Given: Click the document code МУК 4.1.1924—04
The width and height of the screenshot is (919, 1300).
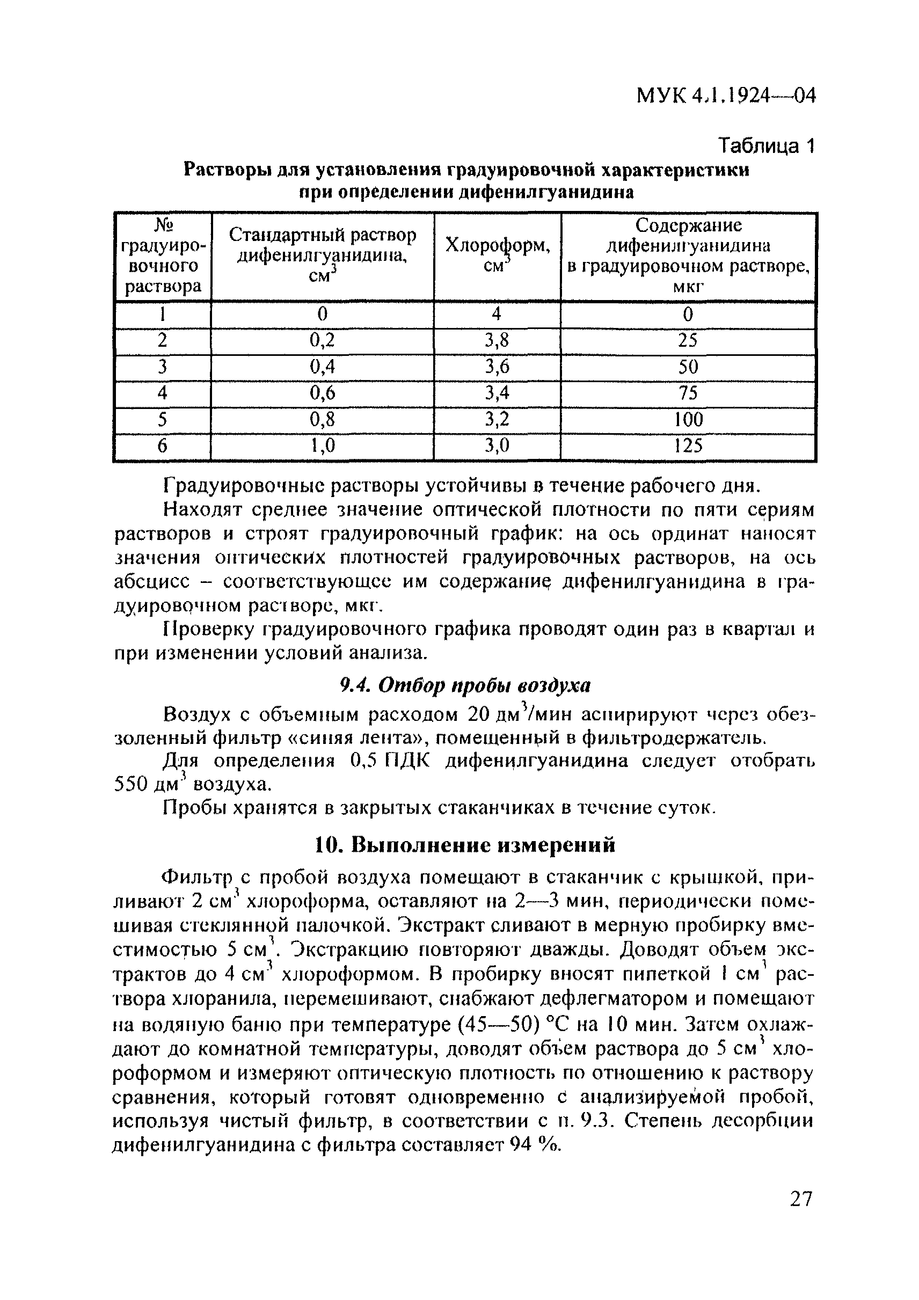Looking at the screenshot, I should pyautogui.click(x=725, y=96).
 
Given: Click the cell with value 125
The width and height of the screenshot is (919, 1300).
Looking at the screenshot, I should pyautogui.click(x=688, y=446).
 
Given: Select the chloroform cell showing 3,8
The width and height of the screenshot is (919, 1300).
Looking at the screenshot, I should pyautogui.click(x=497, y=340).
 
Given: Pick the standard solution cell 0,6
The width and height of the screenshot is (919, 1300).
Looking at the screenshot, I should pyautogui.click(x=322, y=393).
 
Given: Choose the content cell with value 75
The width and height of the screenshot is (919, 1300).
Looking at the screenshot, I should pyautogui.click(x=688, y=393).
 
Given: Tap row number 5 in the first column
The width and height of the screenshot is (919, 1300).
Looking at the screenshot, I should pyautogui.click(x=162, y=420).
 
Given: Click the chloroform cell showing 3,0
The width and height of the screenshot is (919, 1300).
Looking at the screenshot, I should pyautogui.click(x=497, y=446).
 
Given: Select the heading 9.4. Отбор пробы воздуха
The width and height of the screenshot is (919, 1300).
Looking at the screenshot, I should pyautogui.click(x=464, y=685).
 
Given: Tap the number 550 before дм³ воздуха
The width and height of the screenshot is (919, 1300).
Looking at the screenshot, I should pyautogui.click(x=132, y=785).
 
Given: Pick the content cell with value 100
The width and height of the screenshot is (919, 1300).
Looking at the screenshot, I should pyautogui.click(x=688, y=420).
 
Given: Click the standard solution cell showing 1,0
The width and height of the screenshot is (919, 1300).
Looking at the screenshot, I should pyautogui.click(x=322, y=446).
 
